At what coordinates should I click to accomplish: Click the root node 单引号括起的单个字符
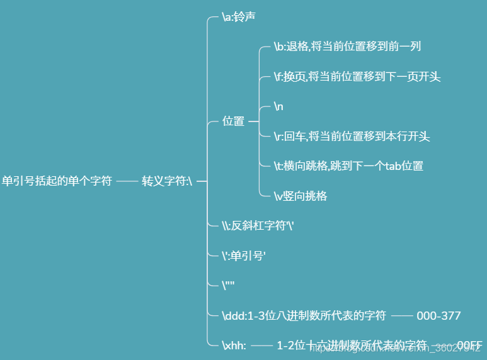click(x=57, y=181)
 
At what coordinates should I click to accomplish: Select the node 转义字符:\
click(x=166, y=181)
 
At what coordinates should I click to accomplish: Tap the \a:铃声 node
click(x=239, y=17)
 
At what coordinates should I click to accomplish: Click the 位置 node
click(x=233, y=121)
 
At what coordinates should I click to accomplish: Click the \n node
click(x=278, y=106)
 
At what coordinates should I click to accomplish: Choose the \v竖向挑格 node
click(x=301, y=196)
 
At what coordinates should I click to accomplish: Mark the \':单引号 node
click(x=244, y=255)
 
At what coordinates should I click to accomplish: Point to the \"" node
click(x=228, y=285)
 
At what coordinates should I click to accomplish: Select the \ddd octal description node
click(x=304, y=315)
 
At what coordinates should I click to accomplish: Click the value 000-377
click(x=438, y=315)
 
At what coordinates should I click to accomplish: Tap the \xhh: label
click(x=234, y=345)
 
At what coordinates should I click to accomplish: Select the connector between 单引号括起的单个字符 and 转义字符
click(x=127, y=181)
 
